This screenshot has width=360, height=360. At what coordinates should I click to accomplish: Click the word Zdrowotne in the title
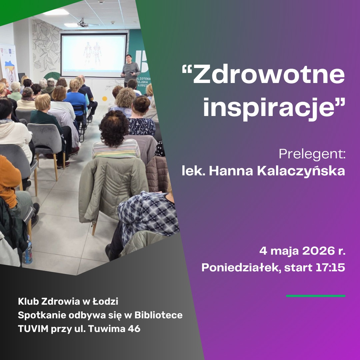pyautogui.click(x=269, y=75)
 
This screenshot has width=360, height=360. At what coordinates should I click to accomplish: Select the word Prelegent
pyautogui.click(x=311, y=154)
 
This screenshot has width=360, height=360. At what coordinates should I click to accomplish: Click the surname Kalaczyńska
pyautogui.click(x=301, y=171)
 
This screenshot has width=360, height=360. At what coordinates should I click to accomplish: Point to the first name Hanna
pyautogui.click(x=231, y=171)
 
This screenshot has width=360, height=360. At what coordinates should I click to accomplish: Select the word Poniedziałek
pyautogui.click(x=240, y=268)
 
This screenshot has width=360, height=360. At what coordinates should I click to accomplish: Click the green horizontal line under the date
pyautogui.click(x=315, y=296)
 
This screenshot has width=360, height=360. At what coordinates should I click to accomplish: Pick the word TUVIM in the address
pyautogui.click(x=33, y=329)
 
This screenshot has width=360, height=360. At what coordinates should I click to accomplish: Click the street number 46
pyautogui.click(x=134, y=329)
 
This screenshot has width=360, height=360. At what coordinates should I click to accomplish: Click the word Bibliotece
pyautogui.click(x=158, y=315)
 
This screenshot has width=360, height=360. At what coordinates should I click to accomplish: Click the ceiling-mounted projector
pyautogui.click(x=83, y=23)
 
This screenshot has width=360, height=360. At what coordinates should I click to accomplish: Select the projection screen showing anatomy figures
pyautogui.click(x=93, y=55)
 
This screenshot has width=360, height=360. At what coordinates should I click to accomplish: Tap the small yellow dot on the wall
pyautogui.click(x=104, y=99)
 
